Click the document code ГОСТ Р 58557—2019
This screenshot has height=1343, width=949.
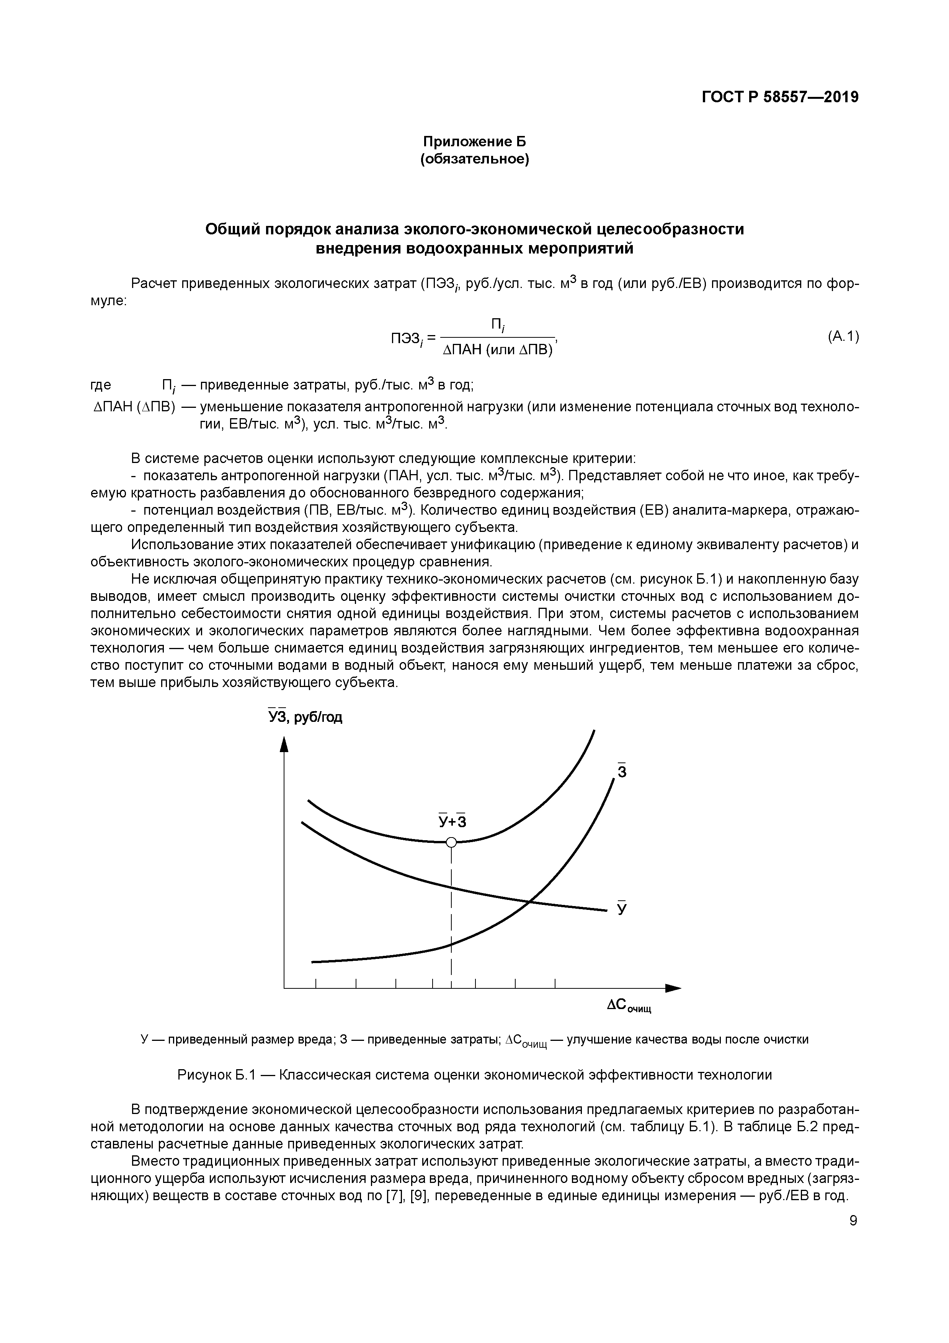(780, 97)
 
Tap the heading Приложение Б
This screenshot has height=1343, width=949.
(474, 142)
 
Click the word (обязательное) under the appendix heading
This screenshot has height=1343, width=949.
(474, 160)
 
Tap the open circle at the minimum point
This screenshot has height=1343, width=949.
(451, 842)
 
